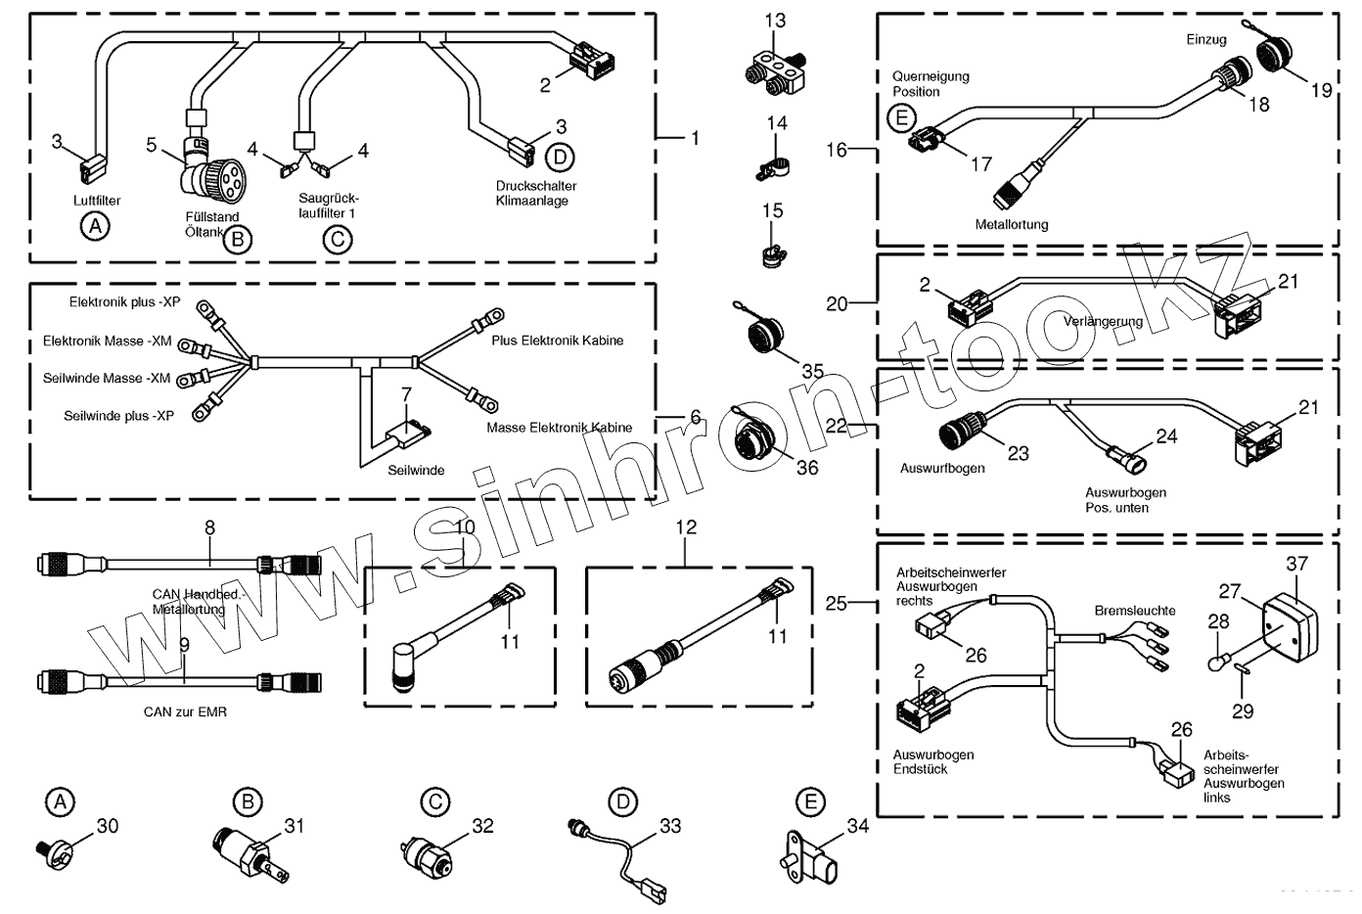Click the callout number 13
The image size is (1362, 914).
click(776, 21)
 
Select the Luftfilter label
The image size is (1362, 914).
click(97, 201)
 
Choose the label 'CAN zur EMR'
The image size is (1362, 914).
click(185, 711)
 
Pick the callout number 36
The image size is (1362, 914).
click(807, 469)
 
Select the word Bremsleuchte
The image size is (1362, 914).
click(1135, 611)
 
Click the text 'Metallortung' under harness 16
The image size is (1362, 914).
click(1012, 224)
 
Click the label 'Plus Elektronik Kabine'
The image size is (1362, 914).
click(557, 341)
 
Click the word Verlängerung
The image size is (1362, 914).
click(1103, 321)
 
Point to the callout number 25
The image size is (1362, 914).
click(837, 604)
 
